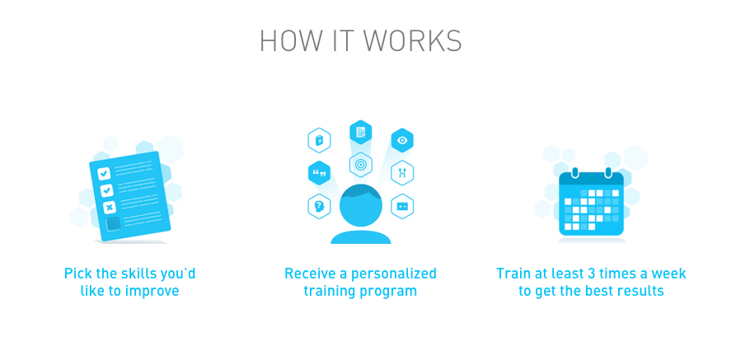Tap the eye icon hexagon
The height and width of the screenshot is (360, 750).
[x=402, y=141]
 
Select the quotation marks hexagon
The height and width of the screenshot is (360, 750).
[x=319, y=173]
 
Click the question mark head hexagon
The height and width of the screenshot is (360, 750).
[x=319, y=206]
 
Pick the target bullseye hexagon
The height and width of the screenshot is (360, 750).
[x=360, y=165]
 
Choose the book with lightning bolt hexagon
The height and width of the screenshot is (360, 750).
[x=319, y=140]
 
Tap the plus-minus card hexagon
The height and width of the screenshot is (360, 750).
[x=402, y=206]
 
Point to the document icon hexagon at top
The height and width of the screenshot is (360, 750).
[x=360, y=132]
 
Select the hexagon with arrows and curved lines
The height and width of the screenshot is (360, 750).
[x=402, y=173]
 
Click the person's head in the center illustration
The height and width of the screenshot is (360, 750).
[x=361, y=206]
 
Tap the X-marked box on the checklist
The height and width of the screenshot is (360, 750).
[x=109, y=207]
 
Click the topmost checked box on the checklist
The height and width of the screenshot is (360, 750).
[x=104, y=174]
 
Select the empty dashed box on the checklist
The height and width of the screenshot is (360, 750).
[x=113, y=223]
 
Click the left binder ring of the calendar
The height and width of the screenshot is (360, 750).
[x=574, y=174]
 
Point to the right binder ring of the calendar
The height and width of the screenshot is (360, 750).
[x=608, y=174]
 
